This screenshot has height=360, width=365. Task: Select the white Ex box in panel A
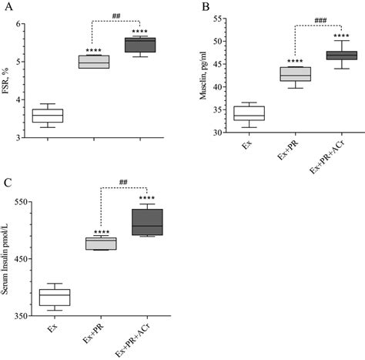48,116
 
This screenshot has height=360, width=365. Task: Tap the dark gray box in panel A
140,45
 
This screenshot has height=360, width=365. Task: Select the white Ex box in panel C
55,298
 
